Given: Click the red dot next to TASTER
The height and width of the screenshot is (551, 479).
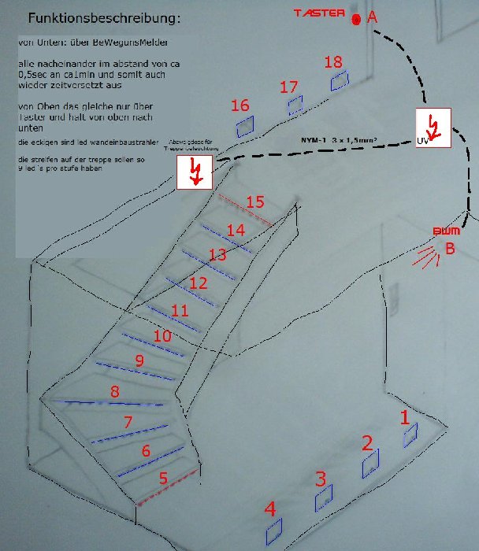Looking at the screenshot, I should click(356, 19).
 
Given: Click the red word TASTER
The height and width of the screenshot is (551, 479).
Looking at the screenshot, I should click(319, 13).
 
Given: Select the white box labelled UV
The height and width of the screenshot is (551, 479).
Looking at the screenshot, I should click(433, 128).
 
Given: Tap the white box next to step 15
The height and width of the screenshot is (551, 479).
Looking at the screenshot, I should click(195, 172).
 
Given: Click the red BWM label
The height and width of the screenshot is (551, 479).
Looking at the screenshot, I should click(446, 231).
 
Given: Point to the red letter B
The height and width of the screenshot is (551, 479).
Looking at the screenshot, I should click(451, 249).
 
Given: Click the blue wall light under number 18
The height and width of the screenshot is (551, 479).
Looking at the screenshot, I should click(339, 80).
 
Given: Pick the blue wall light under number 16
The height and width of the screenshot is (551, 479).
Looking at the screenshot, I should click(245, 125).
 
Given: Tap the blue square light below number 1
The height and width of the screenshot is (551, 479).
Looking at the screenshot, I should click(410, 435).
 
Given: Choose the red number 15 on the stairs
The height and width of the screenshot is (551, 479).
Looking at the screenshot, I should click(254, 202).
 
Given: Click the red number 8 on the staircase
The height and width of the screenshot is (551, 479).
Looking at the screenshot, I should click(115, 391).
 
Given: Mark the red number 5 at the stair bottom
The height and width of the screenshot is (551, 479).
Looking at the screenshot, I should click(163, 477).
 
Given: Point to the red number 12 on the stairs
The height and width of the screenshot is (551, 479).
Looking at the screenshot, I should click(199, 282).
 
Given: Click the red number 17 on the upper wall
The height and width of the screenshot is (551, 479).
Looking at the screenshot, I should click(289, 88).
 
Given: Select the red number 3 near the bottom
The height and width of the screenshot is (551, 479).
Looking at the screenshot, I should click(321, 478).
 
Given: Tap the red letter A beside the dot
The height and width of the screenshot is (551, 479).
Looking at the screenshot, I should click(373, 17).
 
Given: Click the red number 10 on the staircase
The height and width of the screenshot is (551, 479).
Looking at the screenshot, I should click(162, 335).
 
